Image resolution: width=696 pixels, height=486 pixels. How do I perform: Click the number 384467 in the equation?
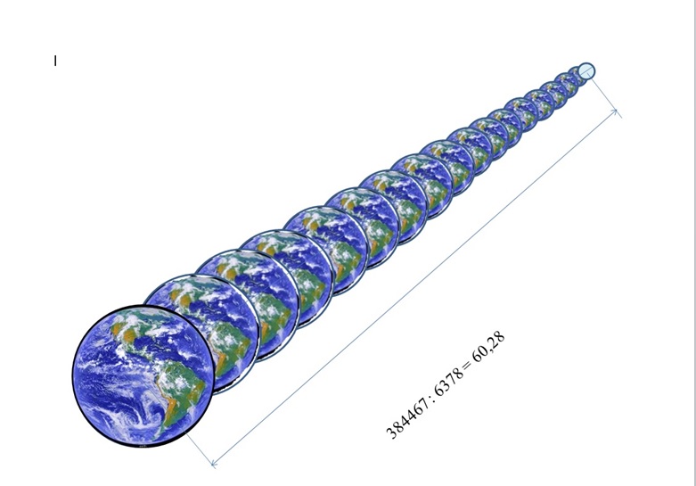[x=407, y=417]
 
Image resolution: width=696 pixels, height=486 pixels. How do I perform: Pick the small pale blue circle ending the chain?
[x=586, y=71]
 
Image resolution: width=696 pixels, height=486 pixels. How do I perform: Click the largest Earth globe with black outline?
[x=143, y=375]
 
